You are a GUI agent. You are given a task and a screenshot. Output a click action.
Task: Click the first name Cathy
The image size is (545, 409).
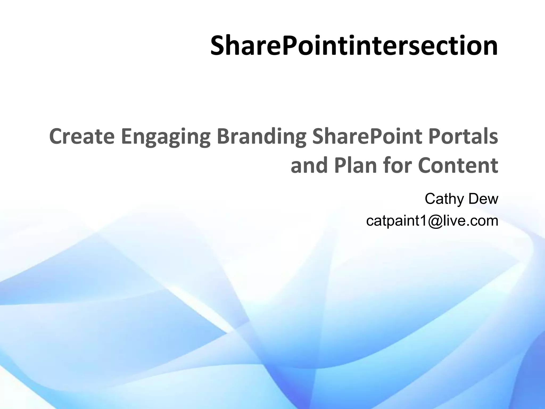[444, 199]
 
